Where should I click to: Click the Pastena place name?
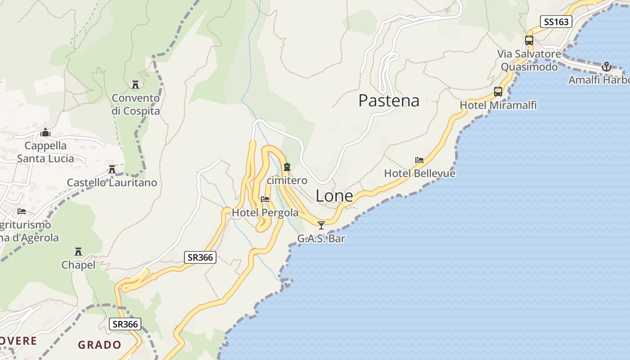(x=389, y=100)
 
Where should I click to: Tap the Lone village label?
(x=334, y=196)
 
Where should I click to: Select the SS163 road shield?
(x=556, y=22)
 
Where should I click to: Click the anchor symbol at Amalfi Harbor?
(x=607, y=67)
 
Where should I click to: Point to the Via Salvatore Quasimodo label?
(x=529, y=61)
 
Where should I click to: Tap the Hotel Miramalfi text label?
(x=498, y=105)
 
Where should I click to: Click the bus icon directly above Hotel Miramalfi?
(x=498, y=92)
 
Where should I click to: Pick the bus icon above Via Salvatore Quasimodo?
(x=529, y=40)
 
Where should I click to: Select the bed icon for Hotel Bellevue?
(x=419, y=160)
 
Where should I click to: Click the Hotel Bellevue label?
(x=419, y=174)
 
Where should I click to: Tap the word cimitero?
(x=287, y=180)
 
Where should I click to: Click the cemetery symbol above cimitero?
(x=287, y=167)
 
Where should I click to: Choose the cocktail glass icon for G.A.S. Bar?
(x=321, y=225)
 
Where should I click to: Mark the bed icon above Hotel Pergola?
(x=265, y=199)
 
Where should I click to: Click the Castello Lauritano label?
(x=112, y=183)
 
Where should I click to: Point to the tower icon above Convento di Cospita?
(x=135, y=85)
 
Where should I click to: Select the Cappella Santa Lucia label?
(x=45, y=152)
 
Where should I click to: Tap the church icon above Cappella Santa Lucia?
(x=45, y=133)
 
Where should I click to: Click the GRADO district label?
(x=99, y=345)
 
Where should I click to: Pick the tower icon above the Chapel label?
(x=78, y=251)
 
